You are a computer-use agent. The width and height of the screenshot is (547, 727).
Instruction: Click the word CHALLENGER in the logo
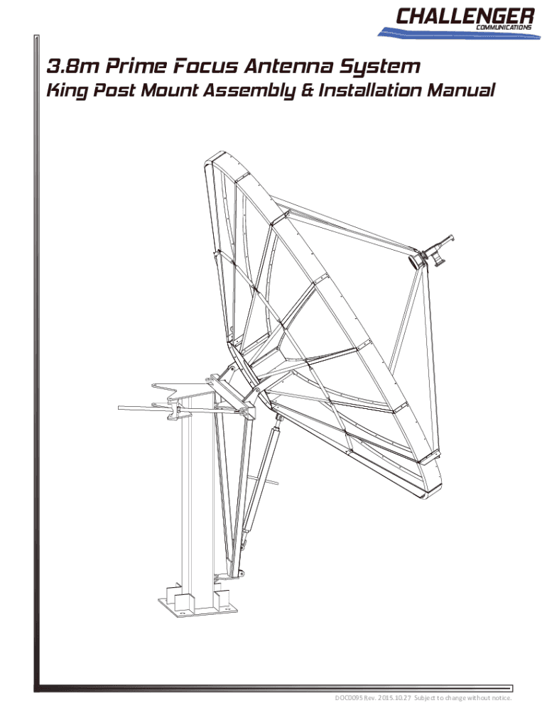(x=465, y=16)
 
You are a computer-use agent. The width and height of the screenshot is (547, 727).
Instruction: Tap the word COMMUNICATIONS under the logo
(x=504, y=28)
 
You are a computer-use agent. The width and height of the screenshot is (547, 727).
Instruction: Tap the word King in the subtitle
(x=67, y=91)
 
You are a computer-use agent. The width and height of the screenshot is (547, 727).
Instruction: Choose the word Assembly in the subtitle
(x=249, y=91)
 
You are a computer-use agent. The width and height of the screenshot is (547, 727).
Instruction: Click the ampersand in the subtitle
(x=307, y=90)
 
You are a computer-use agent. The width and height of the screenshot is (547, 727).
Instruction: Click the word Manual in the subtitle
(x=461, y=90)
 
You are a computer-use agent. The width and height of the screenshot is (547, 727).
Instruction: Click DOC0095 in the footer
(x=348, y=698)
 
